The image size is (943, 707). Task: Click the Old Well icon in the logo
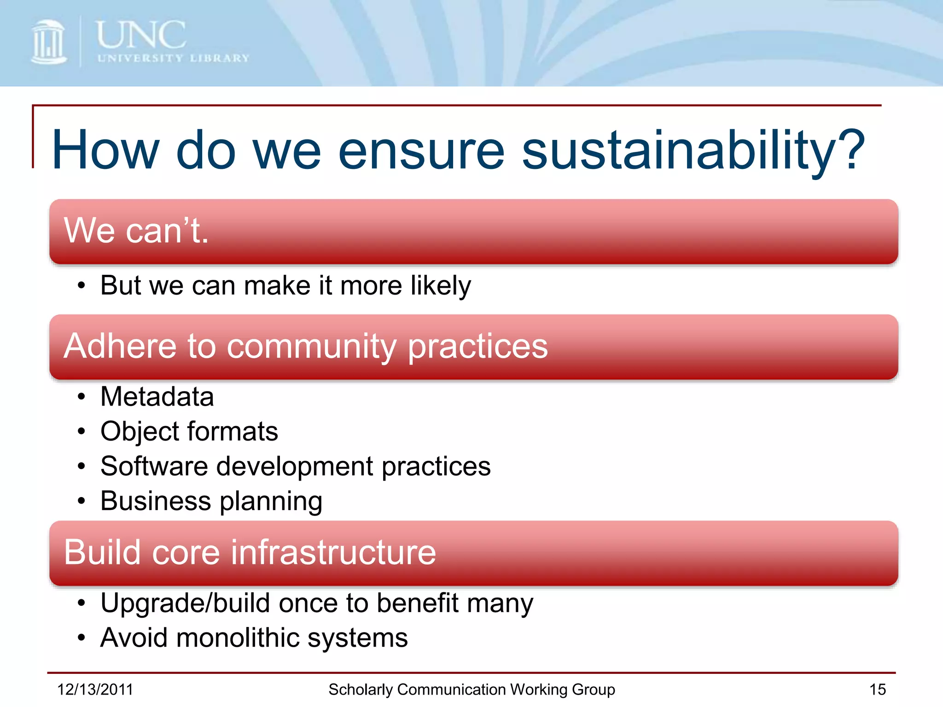coord(48,42)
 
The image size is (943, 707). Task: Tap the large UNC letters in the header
coord(141,35)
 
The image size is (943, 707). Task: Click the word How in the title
coord(105,150)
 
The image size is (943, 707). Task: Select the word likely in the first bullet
coord(441,286)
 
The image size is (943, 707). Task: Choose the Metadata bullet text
coord(157,397)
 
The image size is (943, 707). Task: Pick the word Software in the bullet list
coord(154,466)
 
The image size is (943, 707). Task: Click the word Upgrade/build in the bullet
coord(185,603)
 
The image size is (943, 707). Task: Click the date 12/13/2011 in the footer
coord(95,690)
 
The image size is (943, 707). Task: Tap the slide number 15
coord(877,690)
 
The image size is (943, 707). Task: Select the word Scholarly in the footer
coord(361,690)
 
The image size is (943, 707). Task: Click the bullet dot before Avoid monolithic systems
coord(81,638)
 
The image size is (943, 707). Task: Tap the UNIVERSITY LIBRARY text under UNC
coord(173,58)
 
